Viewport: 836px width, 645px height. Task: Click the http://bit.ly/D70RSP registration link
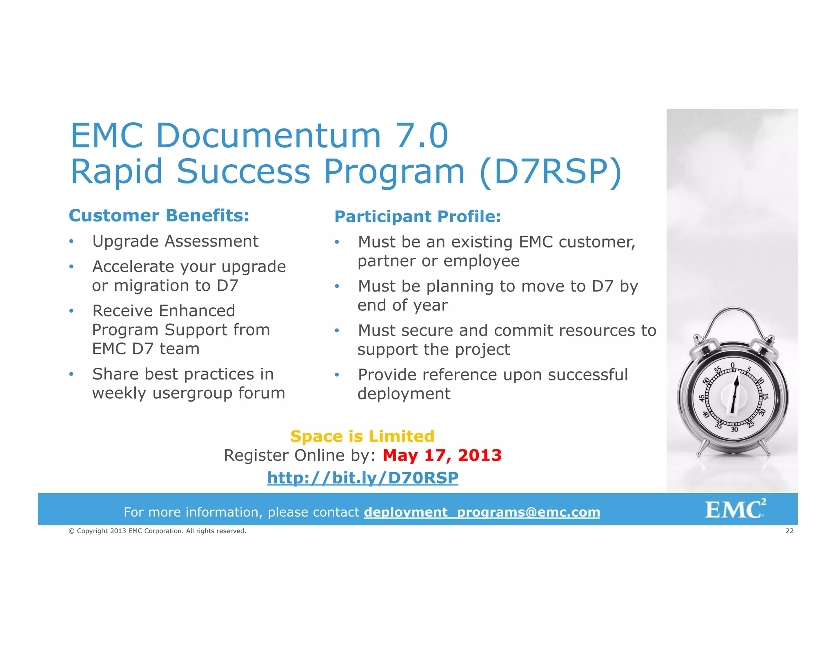[x=362, y=478]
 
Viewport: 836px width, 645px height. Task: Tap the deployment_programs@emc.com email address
[x=482, y=512]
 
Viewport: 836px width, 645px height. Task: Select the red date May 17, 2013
[x=442, y=455]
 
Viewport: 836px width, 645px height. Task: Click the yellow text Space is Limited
[x=362, y=436]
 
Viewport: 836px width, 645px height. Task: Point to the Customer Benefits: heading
[x=159, y=216]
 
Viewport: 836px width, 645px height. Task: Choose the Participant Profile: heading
[x=418, y=216]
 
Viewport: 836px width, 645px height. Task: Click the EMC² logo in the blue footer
[x=735, y=509]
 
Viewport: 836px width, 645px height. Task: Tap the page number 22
[x=789, y=531]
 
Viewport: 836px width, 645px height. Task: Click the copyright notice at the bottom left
[x=157, y=531]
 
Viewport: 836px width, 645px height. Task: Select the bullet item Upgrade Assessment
[x=175, y=241]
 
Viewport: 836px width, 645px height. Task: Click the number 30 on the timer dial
[x=734, y=429]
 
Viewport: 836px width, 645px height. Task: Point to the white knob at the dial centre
[x=734, y=397]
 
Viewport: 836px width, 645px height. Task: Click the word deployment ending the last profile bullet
[x=404, y=394]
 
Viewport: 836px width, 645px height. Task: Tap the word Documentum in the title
[x=268, y=136]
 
